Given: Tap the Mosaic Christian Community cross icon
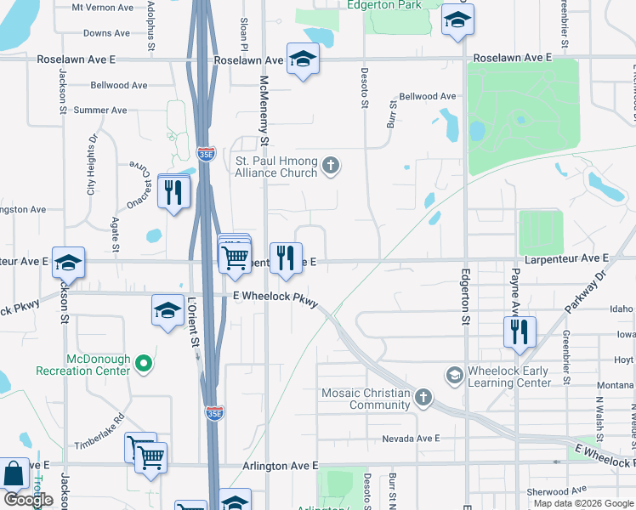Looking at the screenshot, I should (x=423, y=397).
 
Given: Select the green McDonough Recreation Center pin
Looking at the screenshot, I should (x=144, y=364).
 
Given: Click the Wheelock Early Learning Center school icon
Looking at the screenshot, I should (x=454, y=375).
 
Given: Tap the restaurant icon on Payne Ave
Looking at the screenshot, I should (x=518, y=330).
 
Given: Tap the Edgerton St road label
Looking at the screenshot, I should (x=465, y=297).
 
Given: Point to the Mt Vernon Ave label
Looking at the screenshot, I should (x=103, y=7).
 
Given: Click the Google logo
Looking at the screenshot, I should (x=28, y=500).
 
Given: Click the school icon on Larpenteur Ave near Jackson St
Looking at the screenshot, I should (x=68, y=263).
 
